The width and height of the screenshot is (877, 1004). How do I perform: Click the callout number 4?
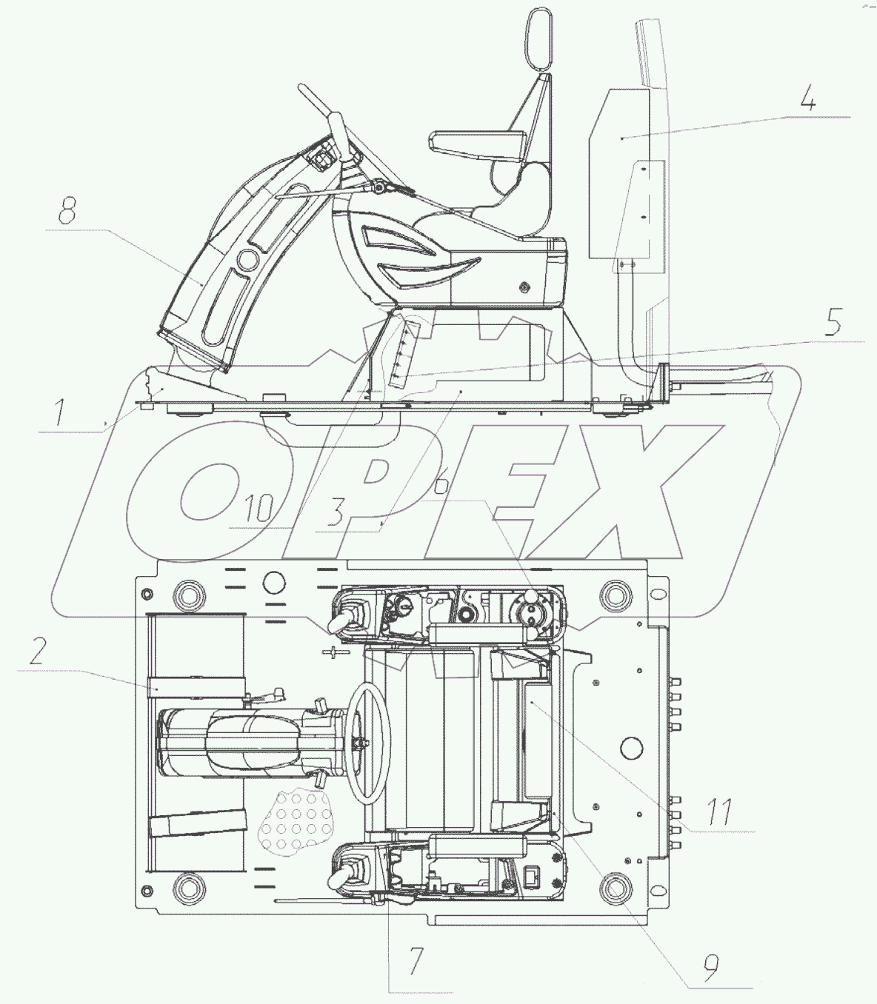[808, 101]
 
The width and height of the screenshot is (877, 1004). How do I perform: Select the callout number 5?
[834, 322]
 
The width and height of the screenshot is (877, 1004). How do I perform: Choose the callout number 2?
[37, 651]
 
